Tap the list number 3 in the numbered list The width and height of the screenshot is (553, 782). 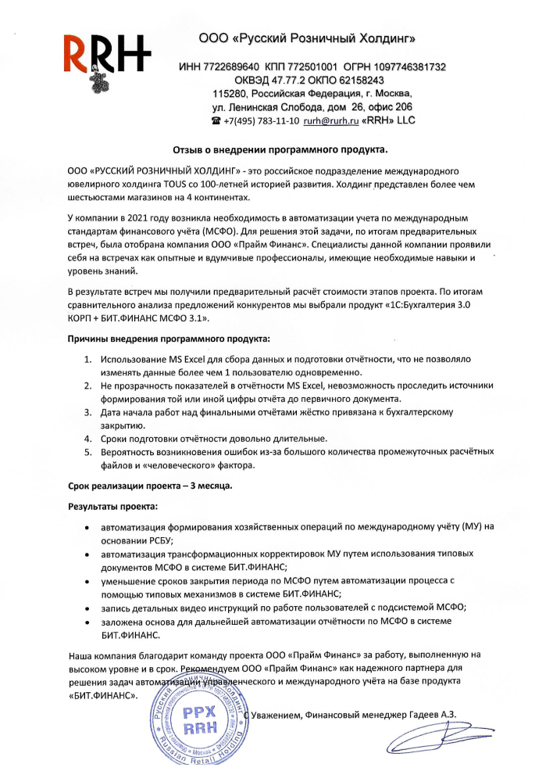(x=87, y=411)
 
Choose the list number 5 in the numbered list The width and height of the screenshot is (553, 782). (x=87, y=452)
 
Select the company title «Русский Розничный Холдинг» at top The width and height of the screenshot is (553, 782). (x=318, y=37)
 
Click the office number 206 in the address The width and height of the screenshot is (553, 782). (x=401, y=106)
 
